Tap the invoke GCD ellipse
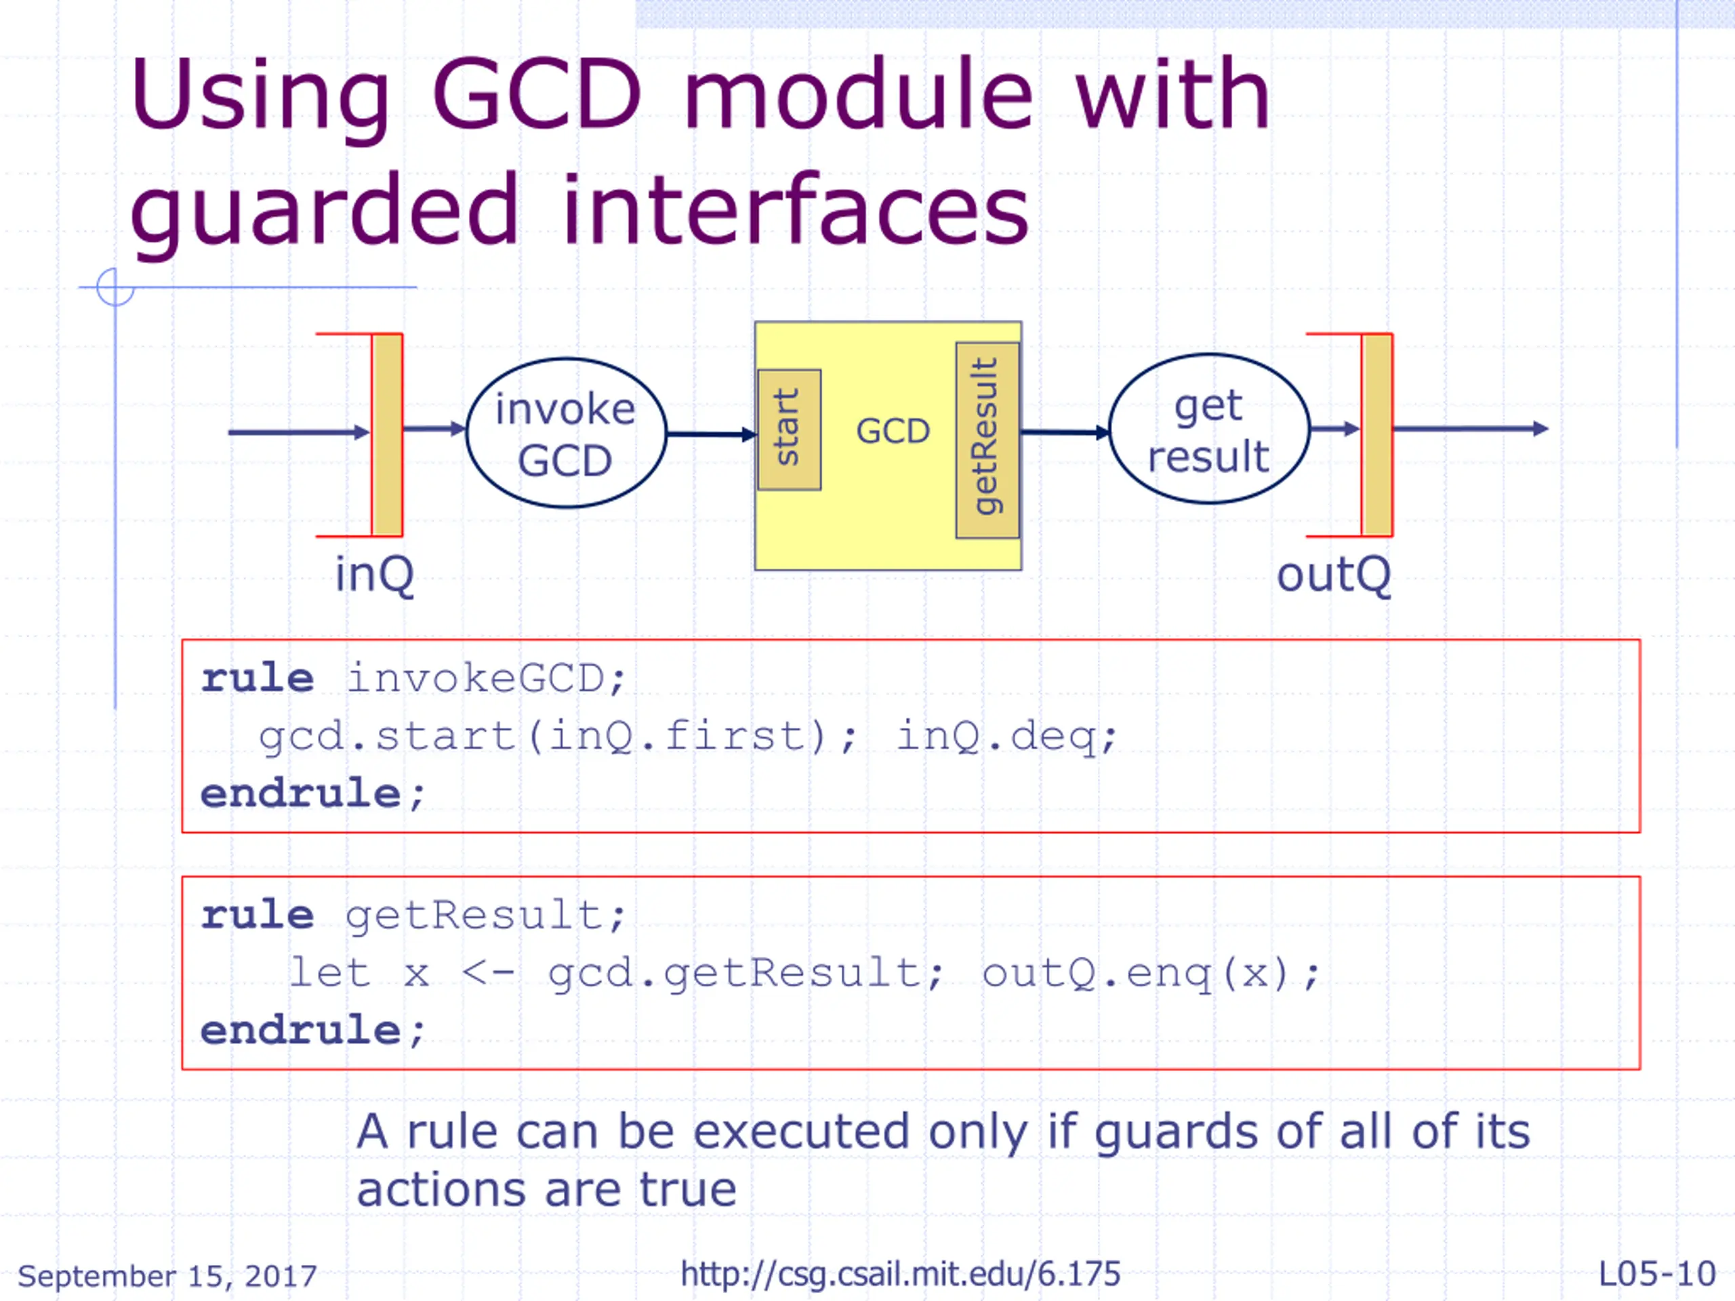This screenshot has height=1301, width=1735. pyautogui.click(x=565, y=433)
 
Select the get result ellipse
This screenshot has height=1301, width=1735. pyautogui.click(x=1208, y=430)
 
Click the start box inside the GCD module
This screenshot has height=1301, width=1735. pyautogui.click(x=789, y=430)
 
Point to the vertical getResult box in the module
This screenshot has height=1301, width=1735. pyautogui.click(x=987, y=439)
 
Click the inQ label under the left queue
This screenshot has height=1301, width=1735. pyautogui.click(x=374, y=575)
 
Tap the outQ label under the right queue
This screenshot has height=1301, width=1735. pyautogui.click(x=1333, y=575)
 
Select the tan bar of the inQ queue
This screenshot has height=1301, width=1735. pyautogui.click(x=387, y=434)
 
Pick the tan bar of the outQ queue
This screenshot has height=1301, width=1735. pyautogui.click(x=1376, y=434)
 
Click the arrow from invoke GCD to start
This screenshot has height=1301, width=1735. pyautogui.click(x=710, y=434)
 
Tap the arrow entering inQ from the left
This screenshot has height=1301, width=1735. pyautogui.click(x=298, y=432)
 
